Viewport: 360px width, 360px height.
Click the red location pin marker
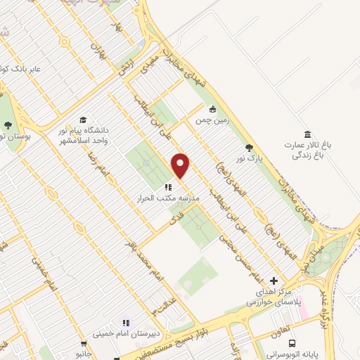coord(181,165)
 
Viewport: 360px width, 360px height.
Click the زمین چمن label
coord(212,120)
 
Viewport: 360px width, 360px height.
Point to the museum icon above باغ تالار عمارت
coord(307,134)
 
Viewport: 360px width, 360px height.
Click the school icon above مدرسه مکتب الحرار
coord(167,187)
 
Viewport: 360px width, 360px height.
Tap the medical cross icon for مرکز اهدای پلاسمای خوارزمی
coord(274,281)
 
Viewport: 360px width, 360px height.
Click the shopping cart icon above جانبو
coord(84,345)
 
